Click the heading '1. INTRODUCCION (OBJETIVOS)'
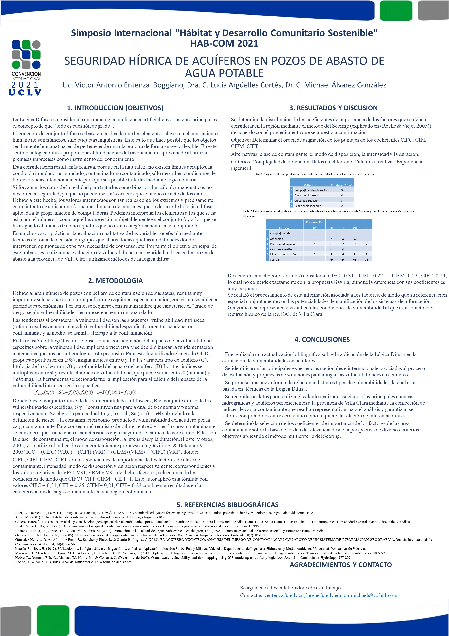(x=115, y=108)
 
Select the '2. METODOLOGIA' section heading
(x=115, y=281)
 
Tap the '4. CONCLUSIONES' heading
(x=322, y=339)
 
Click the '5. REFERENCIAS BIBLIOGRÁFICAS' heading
(x=227, y=505)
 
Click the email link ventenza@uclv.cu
(x=284, y=595)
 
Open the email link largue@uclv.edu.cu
(x=327, y=595)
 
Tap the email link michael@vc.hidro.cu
(x=374, y=595)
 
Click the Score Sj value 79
(x=331, y=259)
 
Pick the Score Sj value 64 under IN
(x=343, y=259)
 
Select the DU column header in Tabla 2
(x=366, y=228)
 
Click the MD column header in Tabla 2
(x=355, y=228)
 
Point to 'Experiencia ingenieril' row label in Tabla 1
(x=308, y=206)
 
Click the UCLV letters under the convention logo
(x=25, y=92)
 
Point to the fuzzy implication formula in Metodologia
(x=85, y=392)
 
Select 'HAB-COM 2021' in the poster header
(x=224, y=43)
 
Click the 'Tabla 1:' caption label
(x=258, y=174)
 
